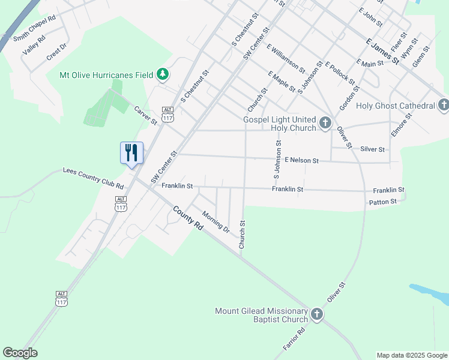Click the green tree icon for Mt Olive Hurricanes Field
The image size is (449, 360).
[162, 75]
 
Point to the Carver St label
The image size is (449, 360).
[145, 115]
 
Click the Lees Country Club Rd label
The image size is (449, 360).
[93, 178]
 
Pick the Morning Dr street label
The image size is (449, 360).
[216, 221]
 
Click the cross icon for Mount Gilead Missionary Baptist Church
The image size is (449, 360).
[317, 314]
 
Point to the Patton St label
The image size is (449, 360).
[382, 202]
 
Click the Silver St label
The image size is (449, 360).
[372, 149]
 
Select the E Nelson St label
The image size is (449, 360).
[301, 161]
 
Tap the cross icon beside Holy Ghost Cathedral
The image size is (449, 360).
[443, 106]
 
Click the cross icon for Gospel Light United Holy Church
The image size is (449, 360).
[325, 124]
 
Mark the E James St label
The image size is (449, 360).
[382, 52]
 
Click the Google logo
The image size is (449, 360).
[20, 353]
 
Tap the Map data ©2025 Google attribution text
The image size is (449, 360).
[412, 355]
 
